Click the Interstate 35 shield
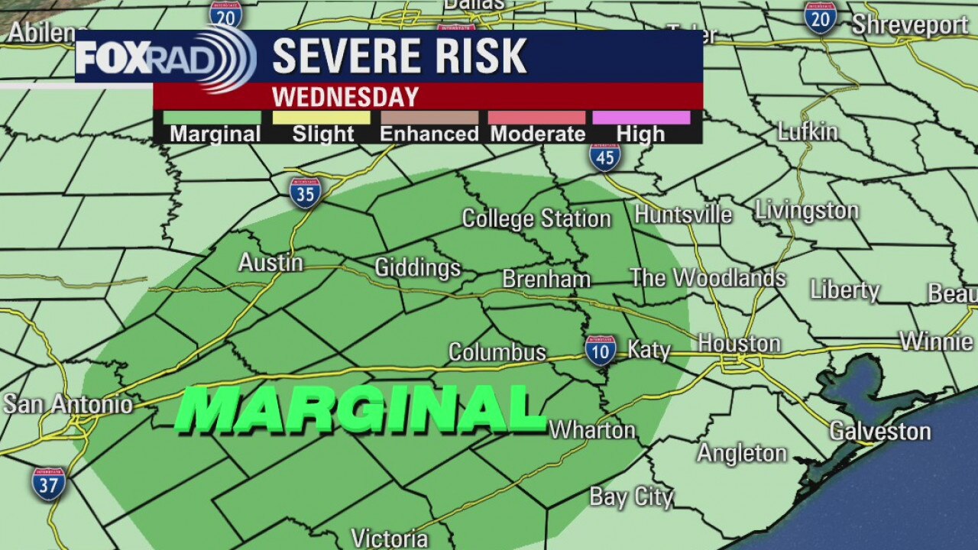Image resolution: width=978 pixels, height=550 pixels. pyautogui.click(x=305, y=192)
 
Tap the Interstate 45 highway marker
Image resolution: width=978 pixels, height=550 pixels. pyautogui.click(x=604, y=156)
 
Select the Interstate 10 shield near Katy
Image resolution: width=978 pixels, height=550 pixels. pyautogui.click(x=601, y=349)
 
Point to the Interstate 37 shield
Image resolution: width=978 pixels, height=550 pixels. pyautogui.click(x=48, y=484)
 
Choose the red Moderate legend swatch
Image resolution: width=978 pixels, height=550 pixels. pyautogui.click(x=537, y=118)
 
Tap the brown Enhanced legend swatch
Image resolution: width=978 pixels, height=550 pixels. pyautogui.click(x=429, y=118)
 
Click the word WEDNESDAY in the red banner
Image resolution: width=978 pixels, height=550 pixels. pyautogui.click(x=345, y=97)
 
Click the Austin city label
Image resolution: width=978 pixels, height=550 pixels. pyautogui.click(x=270, y=263)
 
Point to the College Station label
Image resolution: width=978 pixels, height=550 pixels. pyautogui.click(x=536, y=219)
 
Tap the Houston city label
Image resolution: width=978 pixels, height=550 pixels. pyautogui.click(x=739, y=344)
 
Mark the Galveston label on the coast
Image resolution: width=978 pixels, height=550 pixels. pyautogui.click(x=880, y=432)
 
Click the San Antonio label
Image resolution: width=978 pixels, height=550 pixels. pyautogui.click(x=68, y=404)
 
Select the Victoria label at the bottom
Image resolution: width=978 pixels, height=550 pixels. pyautogui.click(x=389, y=538)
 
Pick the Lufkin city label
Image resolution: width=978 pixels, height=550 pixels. pyautogui.click(x=808, y=131)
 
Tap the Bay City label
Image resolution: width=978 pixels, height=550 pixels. pyautogui.click(x=631, y=497)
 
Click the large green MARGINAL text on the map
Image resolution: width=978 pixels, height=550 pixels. pyautogui.click(x=359, y=409)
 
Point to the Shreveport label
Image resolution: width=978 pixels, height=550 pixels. pyautogui.click(x=910, y=25)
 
